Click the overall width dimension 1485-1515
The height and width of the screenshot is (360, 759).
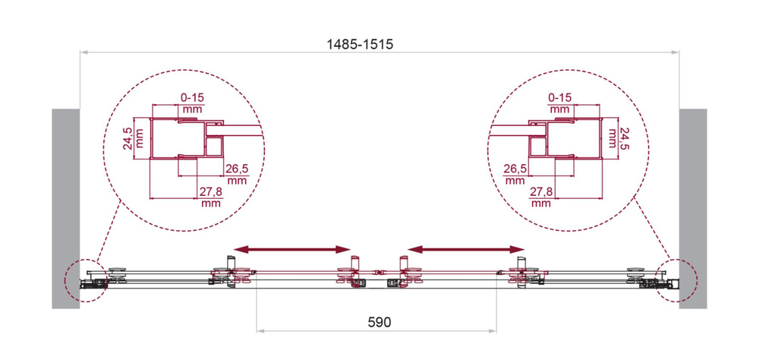click(x=360, y=44)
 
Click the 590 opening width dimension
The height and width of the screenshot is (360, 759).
click(x=378, y=322)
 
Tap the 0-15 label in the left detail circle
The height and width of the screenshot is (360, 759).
click(x=192, y=97)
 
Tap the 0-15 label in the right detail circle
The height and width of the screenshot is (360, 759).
click(x=560, y=97)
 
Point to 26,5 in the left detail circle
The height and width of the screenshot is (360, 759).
click(x=237, y=168)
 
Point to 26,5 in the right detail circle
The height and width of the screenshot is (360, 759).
click(x=515, y=168)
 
